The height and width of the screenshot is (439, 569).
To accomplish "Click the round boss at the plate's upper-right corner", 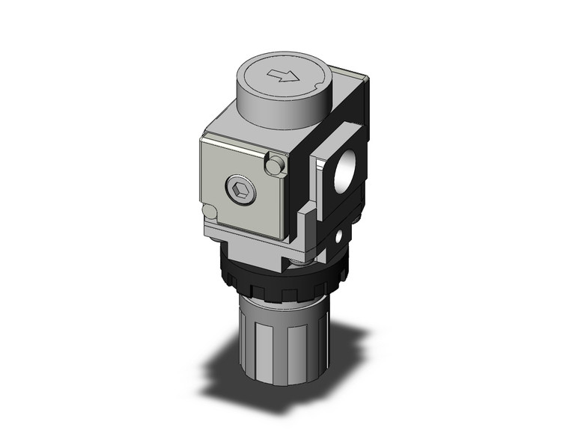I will coord(278,162).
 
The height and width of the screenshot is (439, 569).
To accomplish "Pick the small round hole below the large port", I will coord(341,238).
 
